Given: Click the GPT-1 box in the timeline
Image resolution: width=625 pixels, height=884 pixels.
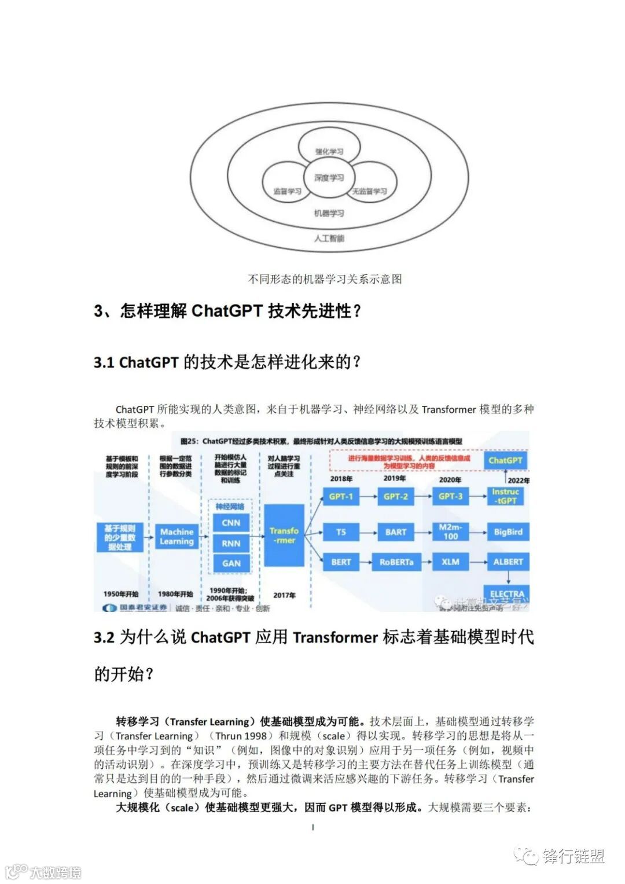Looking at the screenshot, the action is [x=340, y=497].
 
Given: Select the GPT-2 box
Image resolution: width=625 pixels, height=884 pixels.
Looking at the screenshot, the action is [x=396, y=497].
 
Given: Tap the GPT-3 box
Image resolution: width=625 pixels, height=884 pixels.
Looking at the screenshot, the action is [x=450, y=497].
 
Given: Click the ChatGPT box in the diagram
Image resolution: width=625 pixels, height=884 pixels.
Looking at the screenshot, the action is [x=505, y=461].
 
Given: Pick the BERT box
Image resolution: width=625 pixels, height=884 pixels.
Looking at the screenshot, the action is [x=341, y=562].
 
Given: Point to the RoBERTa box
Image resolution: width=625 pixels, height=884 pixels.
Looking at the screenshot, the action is [x=396, y=562].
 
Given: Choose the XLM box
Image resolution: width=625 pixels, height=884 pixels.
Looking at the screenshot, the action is [x=450, y=562].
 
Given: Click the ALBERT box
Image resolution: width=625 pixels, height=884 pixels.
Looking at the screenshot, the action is [x=508, y=562].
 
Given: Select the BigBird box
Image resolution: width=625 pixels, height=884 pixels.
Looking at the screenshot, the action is [x=508, y=532].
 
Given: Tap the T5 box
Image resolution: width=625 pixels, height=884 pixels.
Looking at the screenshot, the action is [x=341, y=532].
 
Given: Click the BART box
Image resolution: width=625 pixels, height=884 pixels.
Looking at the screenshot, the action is [x=396, y=532].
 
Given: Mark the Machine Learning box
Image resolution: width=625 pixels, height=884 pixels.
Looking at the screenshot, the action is [x=177, y=537].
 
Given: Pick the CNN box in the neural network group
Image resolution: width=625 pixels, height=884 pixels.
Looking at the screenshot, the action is [x=231, y=523].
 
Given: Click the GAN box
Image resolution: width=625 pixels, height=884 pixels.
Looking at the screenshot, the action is [x=231, y=563].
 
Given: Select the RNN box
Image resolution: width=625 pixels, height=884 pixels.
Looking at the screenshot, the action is [x=231, y=543].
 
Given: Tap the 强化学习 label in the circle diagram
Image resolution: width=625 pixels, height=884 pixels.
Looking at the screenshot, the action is [x=329, y=152].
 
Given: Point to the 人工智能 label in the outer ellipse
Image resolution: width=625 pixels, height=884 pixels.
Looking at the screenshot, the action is [x=329, y=238].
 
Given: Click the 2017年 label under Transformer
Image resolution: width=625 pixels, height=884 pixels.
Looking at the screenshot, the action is [x=284, y=595].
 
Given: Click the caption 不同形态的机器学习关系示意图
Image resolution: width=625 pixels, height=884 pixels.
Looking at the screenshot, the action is [x=325, y=279].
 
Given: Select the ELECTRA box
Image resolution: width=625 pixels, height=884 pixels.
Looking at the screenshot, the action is [x=507, y=594].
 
